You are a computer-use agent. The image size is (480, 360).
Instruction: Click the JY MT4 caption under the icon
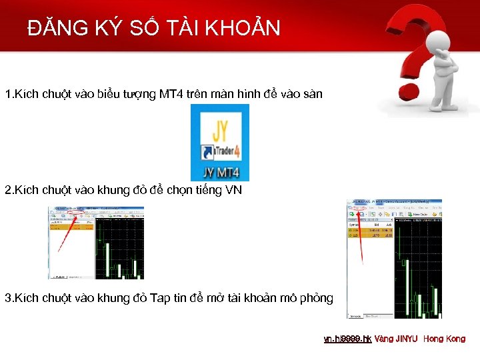pyautogui.click(x=219, y=173)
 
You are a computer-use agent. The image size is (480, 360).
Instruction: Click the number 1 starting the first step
pyautogui.click(x=7, y=94)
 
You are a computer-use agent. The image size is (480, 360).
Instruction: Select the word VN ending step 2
pyautogui.click(x=235, y=190)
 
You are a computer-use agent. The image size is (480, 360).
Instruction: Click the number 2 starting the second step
pyautogui.click(x=7, y=190)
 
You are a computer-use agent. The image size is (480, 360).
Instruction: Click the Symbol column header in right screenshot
pyautogui.click(x=355, y=225)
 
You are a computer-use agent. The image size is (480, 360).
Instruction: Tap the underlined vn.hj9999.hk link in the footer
pyautogui.click(x=347, y=339)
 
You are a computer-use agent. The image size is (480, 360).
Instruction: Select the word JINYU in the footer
pyautogui.click(x=406, y=339)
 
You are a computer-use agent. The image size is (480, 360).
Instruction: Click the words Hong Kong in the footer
pyautogui.click(x=444, y=339)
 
